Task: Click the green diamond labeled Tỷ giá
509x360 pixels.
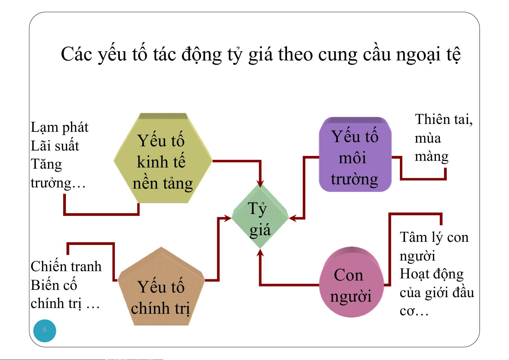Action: pos(260,217)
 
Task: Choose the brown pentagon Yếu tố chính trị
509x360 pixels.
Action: pos(161,290)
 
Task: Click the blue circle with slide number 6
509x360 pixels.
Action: pos(45,330)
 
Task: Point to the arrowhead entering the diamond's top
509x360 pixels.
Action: pos(260,183)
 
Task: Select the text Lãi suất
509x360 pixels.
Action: pos(55,146)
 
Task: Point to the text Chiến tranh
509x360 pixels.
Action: pos(66,267)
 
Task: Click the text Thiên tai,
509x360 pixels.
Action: pos(443,119)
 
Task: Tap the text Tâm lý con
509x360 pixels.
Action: pos(434,238)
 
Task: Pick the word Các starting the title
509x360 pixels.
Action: pos(76,55)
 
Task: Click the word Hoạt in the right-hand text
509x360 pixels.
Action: pos(414,274)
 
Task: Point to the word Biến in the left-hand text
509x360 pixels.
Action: pos(43,285)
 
